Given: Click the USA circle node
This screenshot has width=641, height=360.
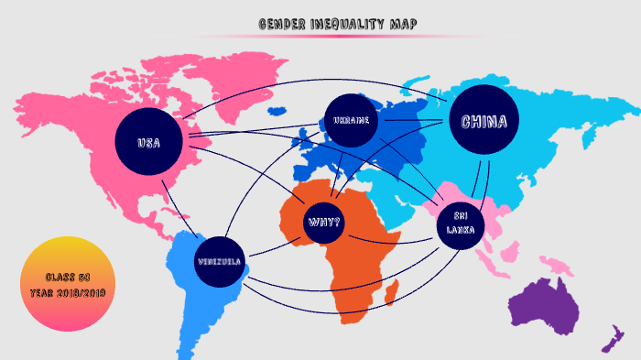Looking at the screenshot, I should (148, 143).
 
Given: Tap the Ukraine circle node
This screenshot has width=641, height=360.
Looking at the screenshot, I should (352, 121).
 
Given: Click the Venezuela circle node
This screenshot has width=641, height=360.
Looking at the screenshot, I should (219, 262).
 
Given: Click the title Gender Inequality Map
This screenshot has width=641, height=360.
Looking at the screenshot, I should (337, 25).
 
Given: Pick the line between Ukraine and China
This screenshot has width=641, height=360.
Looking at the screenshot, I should (413, 120).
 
